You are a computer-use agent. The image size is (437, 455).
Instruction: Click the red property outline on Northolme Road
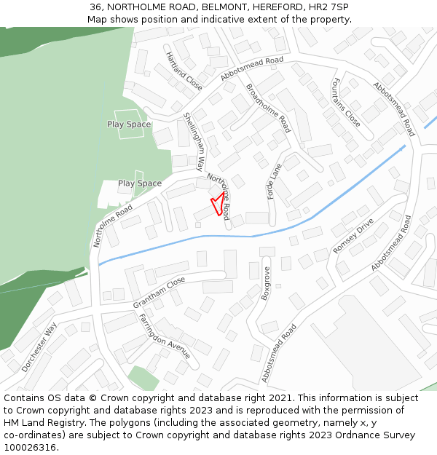[216, 203]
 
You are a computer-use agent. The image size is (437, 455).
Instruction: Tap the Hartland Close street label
[184, 71]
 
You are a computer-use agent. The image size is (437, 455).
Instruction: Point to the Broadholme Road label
[269, 108]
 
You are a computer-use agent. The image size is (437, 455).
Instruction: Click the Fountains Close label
[347, 103]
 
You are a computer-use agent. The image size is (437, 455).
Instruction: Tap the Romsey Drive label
[353, 236]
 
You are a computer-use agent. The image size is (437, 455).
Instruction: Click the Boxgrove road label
[266, 283]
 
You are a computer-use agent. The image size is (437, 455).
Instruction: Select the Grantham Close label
[159, 292]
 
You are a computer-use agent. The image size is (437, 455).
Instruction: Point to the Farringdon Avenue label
[165, 336]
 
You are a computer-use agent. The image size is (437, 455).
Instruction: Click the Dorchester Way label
[40, 347]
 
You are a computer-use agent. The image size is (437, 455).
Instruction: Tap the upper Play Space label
[129, 124]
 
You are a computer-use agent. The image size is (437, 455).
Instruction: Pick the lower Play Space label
[139, 183]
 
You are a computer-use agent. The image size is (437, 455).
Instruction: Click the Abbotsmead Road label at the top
[251, 69]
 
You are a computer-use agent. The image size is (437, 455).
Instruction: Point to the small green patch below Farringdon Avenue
[143, 378]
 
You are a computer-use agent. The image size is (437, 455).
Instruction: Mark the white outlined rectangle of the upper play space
[130, 124]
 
